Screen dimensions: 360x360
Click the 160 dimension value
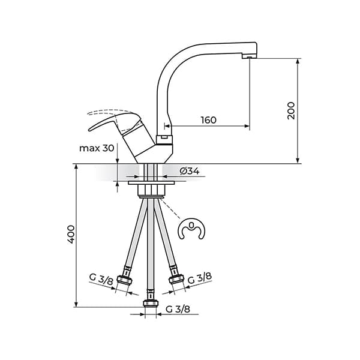pyautogui.click(x=208, y=119)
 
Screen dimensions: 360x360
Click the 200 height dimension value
pyautogui.click(x=291, y=110)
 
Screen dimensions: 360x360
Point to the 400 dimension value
pyautogui.click(x=70, y=234)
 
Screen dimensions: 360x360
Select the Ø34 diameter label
pyautogui.click(x=189, y=171)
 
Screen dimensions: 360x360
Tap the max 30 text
pyautogui.click(x=97, y=148)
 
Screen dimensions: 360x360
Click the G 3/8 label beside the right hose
pyautogui.click(x=199, y=278)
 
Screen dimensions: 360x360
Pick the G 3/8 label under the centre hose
pyautogui.click(x=178, y=310)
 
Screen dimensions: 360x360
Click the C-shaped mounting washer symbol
pyautogui.click(x=191, y=231)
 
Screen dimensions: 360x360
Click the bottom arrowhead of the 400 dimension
pyautogui.click(x=76, y=304)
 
